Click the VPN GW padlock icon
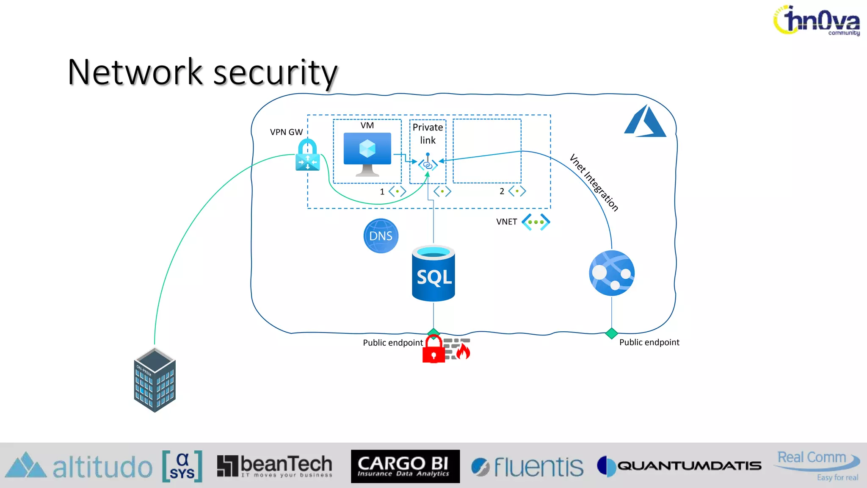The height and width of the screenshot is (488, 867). click(307, 155)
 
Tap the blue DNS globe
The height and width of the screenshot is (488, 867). click(381, 236)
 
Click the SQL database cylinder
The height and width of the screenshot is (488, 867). click(433, 274)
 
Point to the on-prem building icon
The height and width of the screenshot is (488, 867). click(155, 380)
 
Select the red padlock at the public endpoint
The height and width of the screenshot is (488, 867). click(433, 350)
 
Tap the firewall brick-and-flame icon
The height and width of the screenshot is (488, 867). click(458, 349)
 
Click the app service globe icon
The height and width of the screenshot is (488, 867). click(611, 273)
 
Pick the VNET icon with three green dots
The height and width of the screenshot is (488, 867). click(536, 222)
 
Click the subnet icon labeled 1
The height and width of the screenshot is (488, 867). click(397, 191)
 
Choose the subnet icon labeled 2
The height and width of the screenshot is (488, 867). click(517, 191)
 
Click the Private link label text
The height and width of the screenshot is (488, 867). click(428, 133)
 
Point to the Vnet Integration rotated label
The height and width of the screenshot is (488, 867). click(594, 183)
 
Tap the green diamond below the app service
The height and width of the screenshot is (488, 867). click(611, 333)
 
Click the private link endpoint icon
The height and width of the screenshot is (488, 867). click(428, 164)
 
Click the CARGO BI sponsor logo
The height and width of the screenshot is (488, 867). click(405, 466)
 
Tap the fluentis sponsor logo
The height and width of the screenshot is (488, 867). click(527, 467)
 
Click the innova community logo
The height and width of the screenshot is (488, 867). click(817, 20)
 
